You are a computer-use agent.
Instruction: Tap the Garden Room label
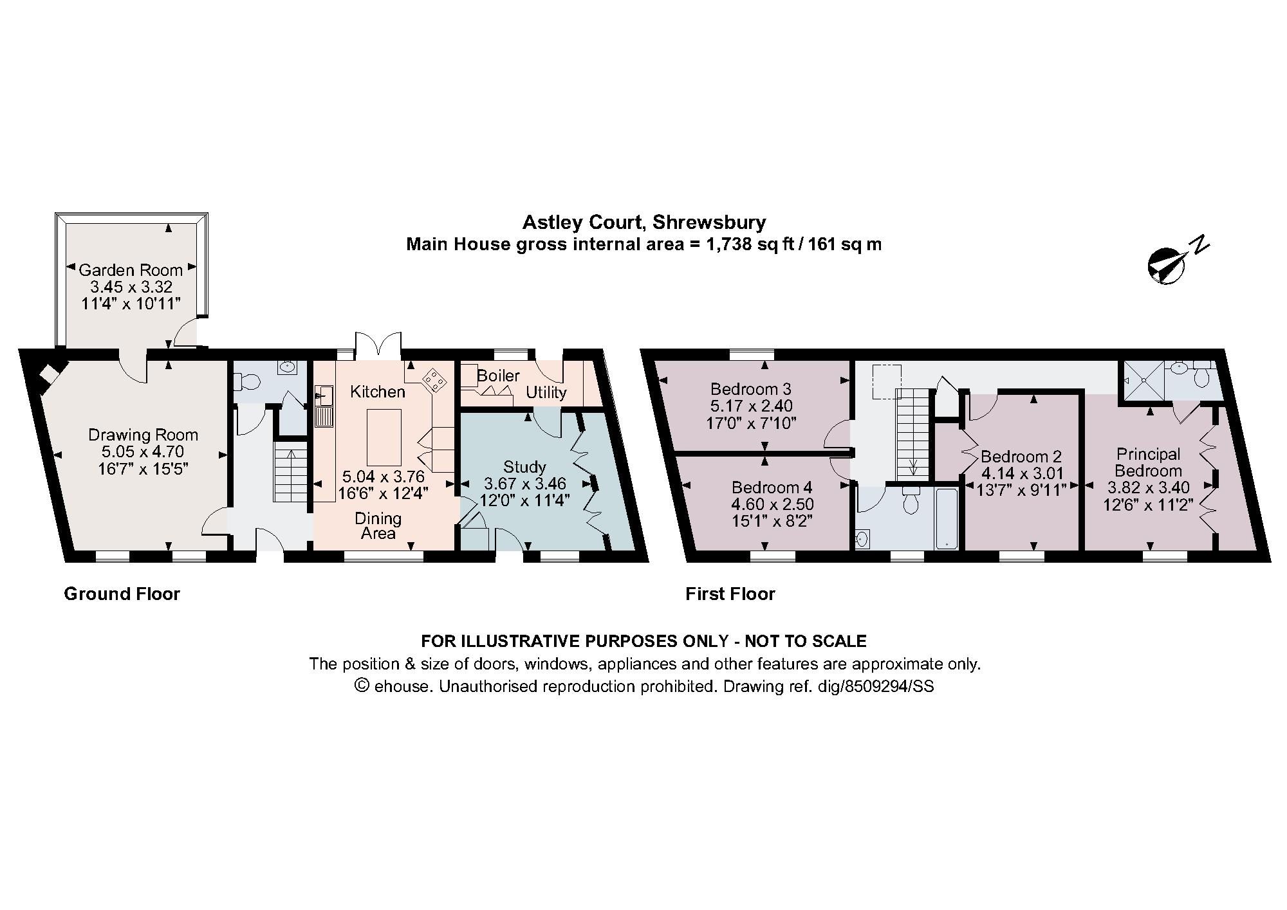coord(131,270)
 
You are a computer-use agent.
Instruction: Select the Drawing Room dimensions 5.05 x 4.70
coord(144,450)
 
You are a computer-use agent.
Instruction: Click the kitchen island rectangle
coord(384,437)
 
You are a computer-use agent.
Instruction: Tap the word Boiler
coord(498,375)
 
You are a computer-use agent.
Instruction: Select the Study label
coord(524,467)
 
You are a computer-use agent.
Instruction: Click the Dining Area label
coord(378,525)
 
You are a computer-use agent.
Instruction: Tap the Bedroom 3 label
coord(750,389)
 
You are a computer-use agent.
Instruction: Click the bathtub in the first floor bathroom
coord(947,518)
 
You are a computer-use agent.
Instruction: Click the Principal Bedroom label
coord(1148,462)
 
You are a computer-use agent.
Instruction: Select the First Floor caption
coord(730,594)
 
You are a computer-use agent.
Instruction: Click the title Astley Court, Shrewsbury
coord(643,223)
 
